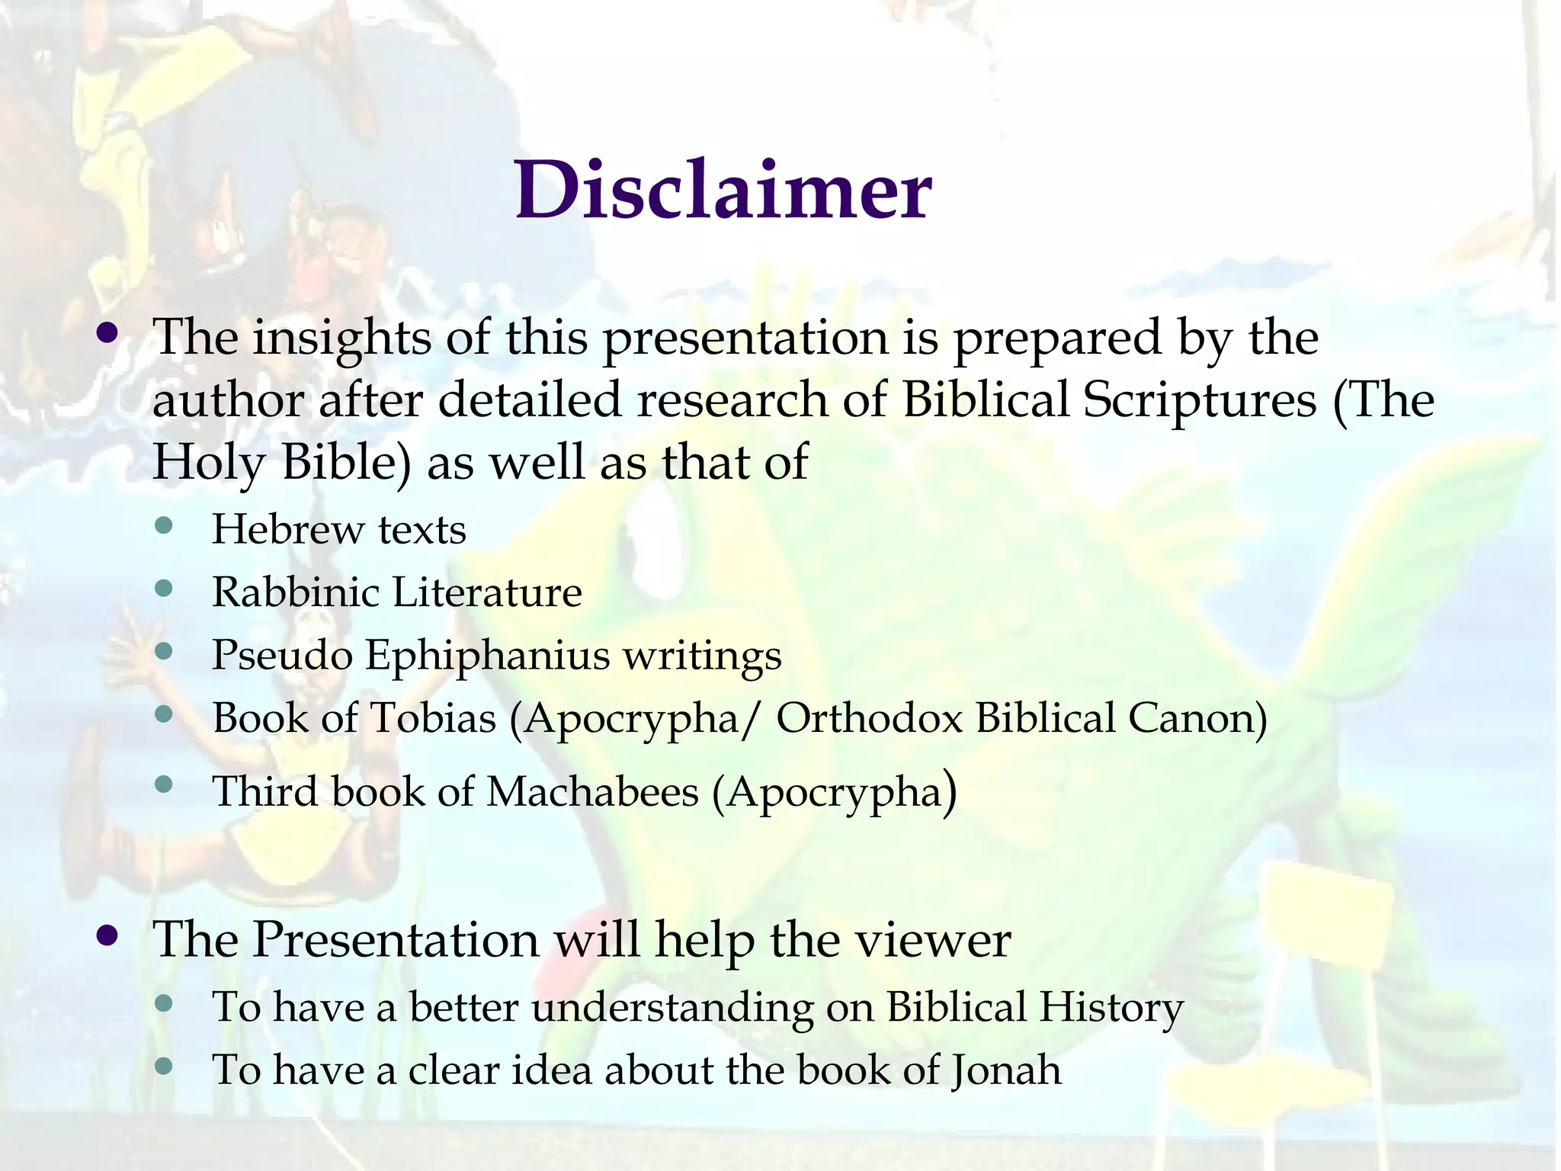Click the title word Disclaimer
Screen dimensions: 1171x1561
click(x=723, y=191)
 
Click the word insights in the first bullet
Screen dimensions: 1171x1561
click(x=342, y=338)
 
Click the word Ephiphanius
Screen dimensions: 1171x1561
click(x=488, y=655)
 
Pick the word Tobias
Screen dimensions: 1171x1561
click(x=433, y=717)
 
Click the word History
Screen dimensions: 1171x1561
click(x=1111, y=1007)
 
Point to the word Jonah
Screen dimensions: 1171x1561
click(x=1006, y=1070)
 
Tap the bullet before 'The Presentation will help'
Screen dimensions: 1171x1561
click(x=108, y=935)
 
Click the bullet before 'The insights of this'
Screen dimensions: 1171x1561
click(x=108, y=333)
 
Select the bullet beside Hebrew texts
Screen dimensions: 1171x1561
click(x=163, y=525)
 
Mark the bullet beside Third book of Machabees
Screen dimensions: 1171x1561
click(x=163, y=784)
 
